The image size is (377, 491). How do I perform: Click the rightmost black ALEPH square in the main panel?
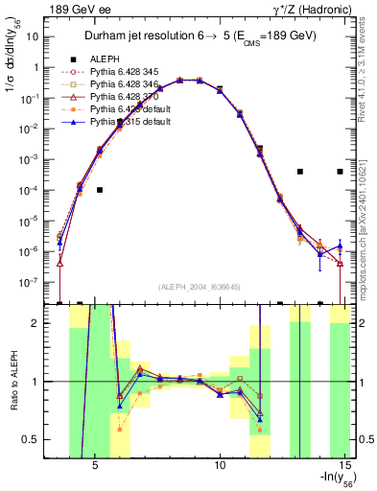point(341,172)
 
